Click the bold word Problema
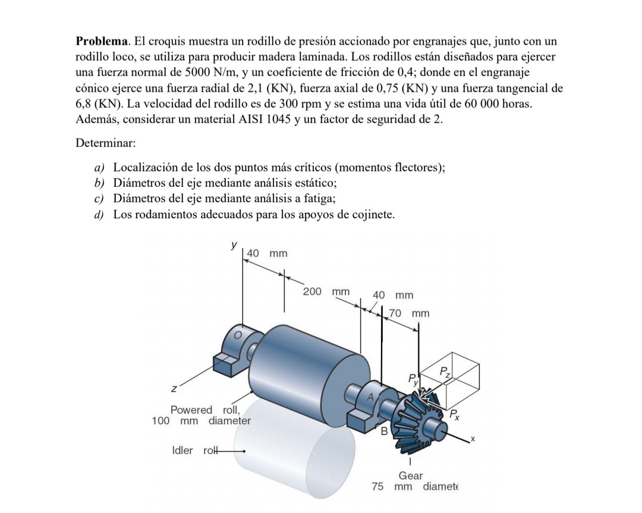pos(102,42)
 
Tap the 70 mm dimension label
pos(410,313)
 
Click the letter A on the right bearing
pos(372,396)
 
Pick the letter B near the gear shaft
pos(384,430)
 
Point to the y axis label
pos(234,244)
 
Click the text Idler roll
pos(192,451)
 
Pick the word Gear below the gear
pos(411,476)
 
